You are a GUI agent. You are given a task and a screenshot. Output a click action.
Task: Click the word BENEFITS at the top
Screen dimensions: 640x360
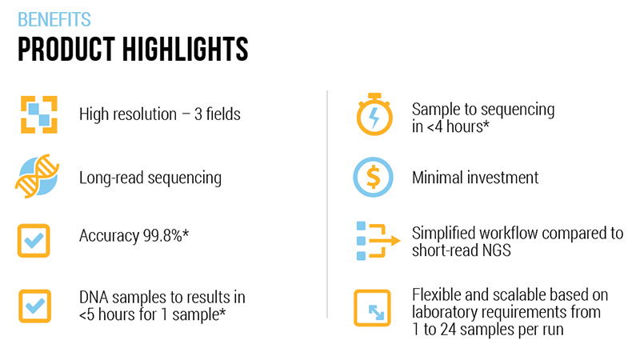pyautogui.click(x=54, y=19)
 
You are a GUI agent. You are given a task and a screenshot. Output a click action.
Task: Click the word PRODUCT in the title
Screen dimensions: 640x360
pyautogui.click(x=66, y=49)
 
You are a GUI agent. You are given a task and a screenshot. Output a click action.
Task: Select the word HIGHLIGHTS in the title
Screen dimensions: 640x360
pyautogui.click(x=185, y=49)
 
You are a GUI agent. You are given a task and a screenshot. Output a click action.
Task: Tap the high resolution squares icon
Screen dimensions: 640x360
pyautogui.click(x=39, y=114)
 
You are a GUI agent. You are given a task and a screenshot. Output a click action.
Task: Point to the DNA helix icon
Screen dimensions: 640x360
pyautogui.click(x=37, y=176)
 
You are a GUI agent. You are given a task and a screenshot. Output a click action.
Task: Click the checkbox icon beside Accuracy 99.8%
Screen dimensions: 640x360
pyautogui.click(x=34, y=241)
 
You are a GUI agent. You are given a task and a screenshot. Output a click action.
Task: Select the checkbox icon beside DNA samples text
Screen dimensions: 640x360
pyautogui.click(x=34, y=306)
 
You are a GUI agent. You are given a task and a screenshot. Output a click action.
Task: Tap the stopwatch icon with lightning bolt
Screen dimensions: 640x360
pyautogui.click(x=374, y=114)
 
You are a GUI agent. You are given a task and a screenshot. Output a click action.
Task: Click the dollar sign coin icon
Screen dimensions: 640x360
pyautogui.click(x=373, y=177)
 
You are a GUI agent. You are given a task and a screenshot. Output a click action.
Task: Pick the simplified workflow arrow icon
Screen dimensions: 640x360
pyautogui.click(x=378, y=241)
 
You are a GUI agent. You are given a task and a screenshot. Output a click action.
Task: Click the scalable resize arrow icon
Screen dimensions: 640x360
pyautogui.click(x=372, y=308)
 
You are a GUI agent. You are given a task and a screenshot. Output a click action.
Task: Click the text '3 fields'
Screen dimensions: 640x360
pyautogui.click(x=217, y=114)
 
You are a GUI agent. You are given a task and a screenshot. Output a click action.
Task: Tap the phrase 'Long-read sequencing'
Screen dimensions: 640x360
pyautogui.click(x=150, y=178)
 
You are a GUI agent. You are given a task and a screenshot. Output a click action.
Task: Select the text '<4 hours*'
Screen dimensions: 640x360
pyautogui.click(x=458, y=127)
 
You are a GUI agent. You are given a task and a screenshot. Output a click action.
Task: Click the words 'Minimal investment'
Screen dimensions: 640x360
pyautogui.click(x=475, y=178)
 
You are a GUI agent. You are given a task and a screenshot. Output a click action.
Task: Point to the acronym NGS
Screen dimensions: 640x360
pyautogui.click(x=496, y=250)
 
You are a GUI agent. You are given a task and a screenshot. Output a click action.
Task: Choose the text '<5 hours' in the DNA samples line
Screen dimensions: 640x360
pyautogui.click(x=106, y=314)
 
